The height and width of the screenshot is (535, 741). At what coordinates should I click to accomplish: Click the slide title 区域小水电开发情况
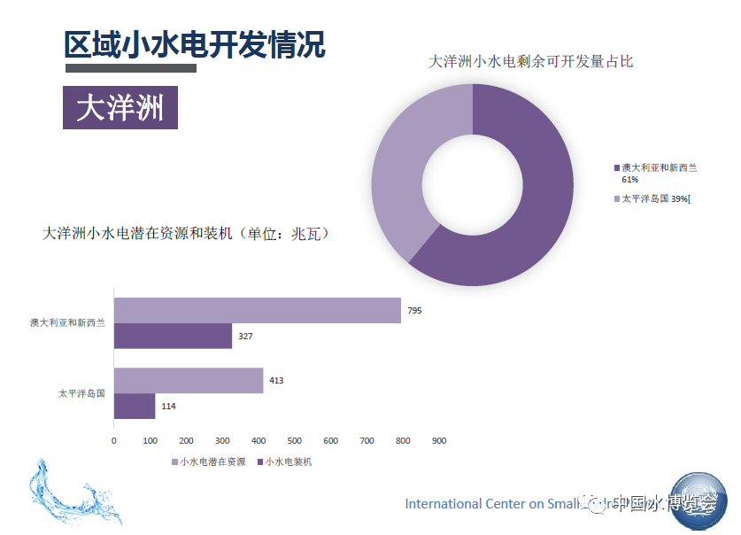tap(195, 43)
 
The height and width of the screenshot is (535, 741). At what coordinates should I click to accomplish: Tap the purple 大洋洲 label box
tap(120, 108)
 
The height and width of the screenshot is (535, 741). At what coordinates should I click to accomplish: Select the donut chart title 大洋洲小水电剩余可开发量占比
tap(530, 61)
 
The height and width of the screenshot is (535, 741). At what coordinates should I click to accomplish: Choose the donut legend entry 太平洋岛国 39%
tap(654, 198)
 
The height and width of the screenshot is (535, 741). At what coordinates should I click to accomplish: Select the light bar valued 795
tap(257, 310)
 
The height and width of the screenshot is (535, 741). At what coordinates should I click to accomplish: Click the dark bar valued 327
tap(173, 336)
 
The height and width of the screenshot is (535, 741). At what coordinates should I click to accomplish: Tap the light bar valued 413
tap(189, 380)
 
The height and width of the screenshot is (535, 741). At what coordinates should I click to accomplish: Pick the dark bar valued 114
tap(135, 406)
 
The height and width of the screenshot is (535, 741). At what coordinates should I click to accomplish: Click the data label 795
tap(415, 310)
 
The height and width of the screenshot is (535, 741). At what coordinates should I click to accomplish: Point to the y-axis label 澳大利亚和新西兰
tap(67, 323)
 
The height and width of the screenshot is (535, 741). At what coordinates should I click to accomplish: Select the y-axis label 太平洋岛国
tap(81, 392)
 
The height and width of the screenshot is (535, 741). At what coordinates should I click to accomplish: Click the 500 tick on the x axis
tap(295, 440)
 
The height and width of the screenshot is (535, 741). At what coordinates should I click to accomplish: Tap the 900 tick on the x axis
tap(439, 440)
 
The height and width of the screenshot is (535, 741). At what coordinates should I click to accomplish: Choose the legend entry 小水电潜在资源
tap(208, 461)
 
